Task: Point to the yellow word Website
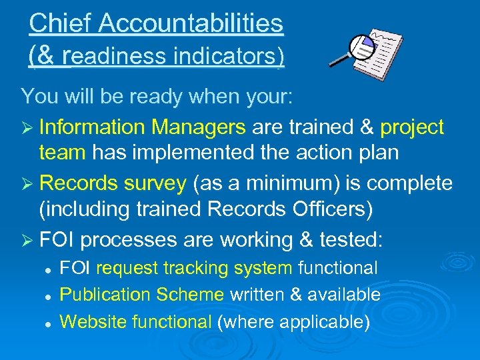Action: (94, 322)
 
